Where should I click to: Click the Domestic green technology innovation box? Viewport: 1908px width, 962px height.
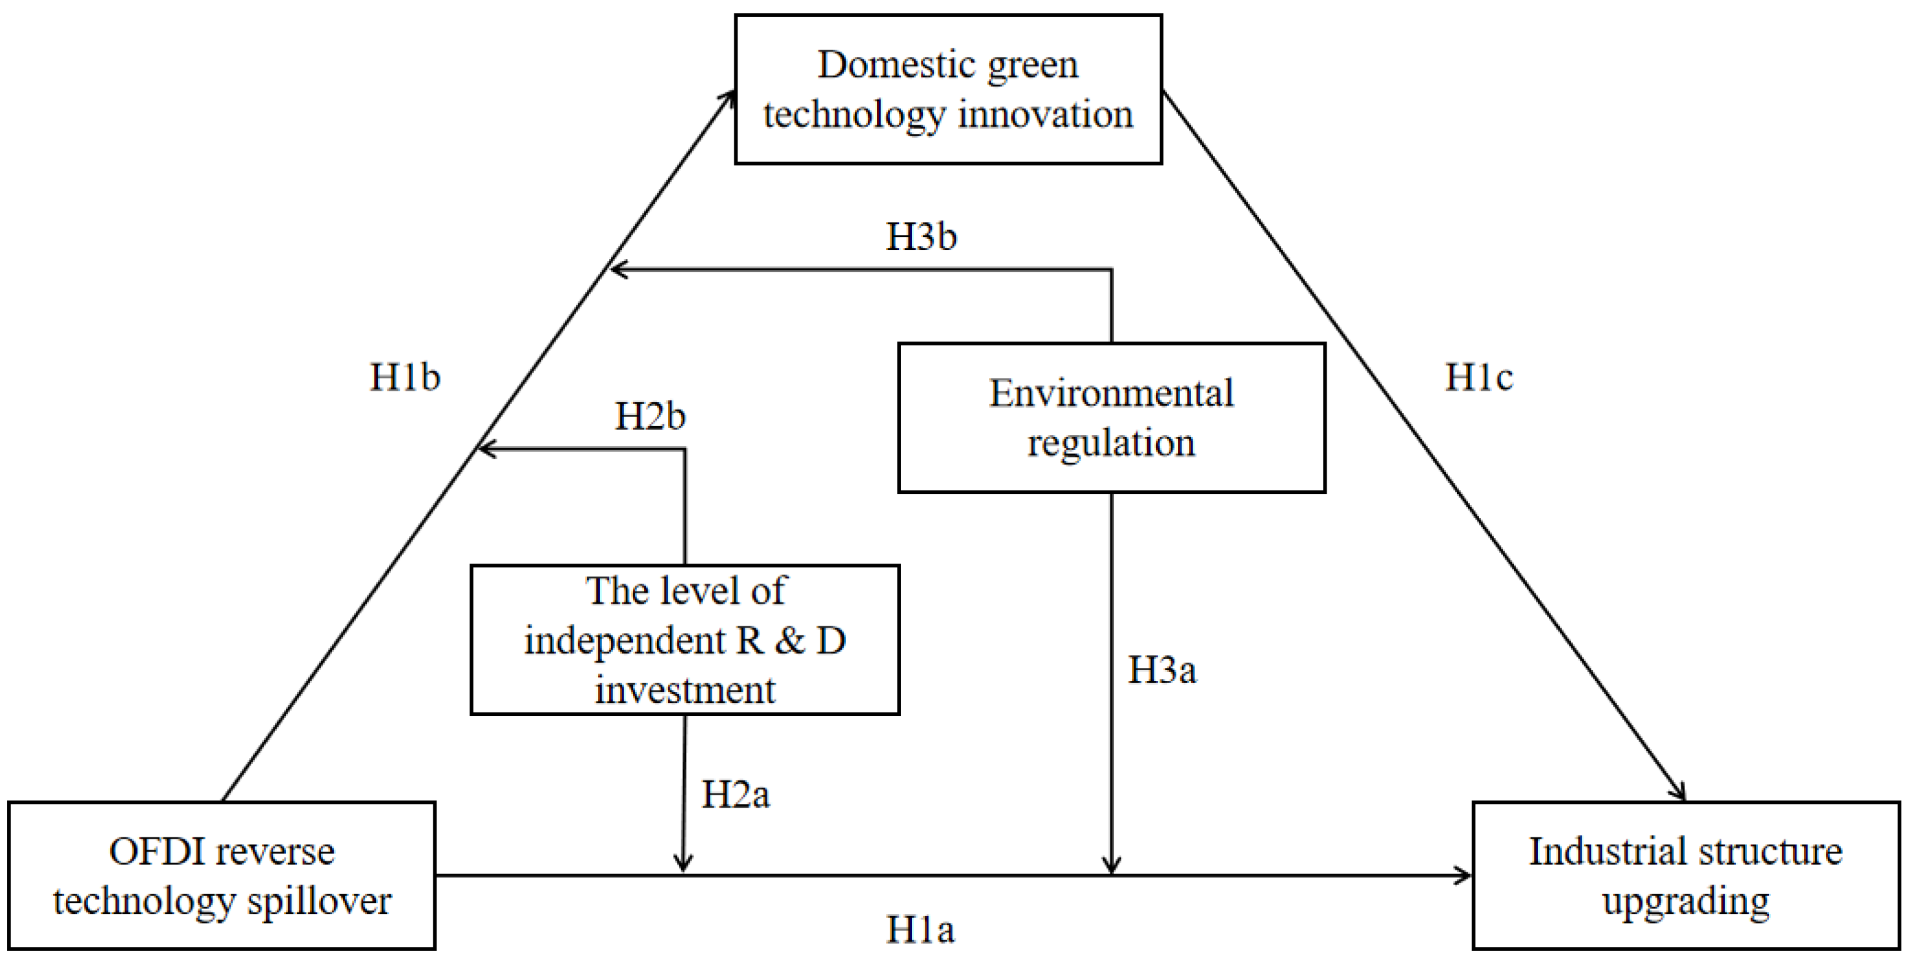(948, 89)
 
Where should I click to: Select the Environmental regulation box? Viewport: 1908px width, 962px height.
(1111, 417)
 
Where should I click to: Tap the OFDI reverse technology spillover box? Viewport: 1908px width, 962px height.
(222, 875)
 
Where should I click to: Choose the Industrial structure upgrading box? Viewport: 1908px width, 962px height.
(1685, 875)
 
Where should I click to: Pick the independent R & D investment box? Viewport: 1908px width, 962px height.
(685, 640)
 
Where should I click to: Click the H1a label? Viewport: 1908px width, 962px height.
(920, 930)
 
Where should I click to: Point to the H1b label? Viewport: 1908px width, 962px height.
(404, 378)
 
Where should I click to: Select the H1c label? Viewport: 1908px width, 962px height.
(1478, 378)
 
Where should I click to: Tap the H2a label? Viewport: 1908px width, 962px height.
(735, 795)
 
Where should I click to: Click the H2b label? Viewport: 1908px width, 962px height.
(650, 416)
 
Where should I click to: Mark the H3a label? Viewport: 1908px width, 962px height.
(1161, 670)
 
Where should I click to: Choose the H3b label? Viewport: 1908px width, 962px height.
(920, 237)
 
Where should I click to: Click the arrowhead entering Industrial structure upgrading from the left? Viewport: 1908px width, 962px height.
(1464, 875)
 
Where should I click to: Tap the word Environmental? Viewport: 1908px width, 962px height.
(1111, 393)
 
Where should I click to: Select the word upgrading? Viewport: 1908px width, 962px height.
(1685, 902)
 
